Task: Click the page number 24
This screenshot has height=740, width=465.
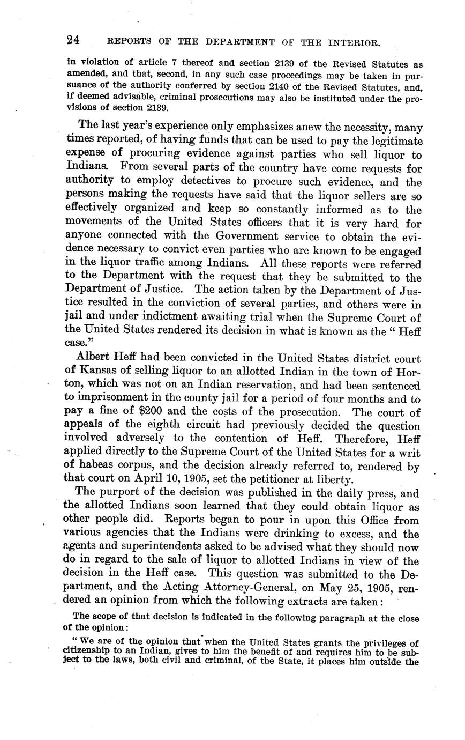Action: (73, 40)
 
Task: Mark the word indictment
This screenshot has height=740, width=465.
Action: (156, 319)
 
